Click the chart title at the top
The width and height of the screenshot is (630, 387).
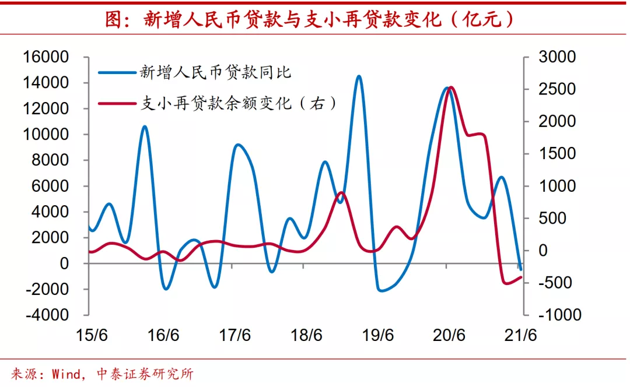tap(310, 20)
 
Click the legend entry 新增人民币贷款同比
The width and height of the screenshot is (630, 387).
tap(215, 72)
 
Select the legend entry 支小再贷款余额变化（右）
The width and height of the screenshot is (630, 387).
tap(239, 104)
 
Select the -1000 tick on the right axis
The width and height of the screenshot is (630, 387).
tap(559, 315)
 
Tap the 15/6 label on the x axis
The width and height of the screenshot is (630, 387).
tap(92, 336)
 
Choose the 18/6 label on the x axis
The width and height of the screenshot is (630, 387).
tap(307, 336)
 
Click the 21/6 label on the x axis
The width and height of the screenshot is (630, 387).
tap(521, 336)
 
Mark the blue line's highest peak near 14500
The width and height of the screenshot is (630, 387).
tap(359, 76)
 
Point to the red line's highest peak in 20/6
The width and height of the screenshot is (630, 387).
tap(451, 88)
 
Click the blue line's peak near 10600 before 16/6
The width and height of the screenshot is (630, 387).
tap(145, 126)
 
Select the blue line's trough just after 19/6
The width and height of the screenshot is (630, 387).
tap(382, 290)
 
